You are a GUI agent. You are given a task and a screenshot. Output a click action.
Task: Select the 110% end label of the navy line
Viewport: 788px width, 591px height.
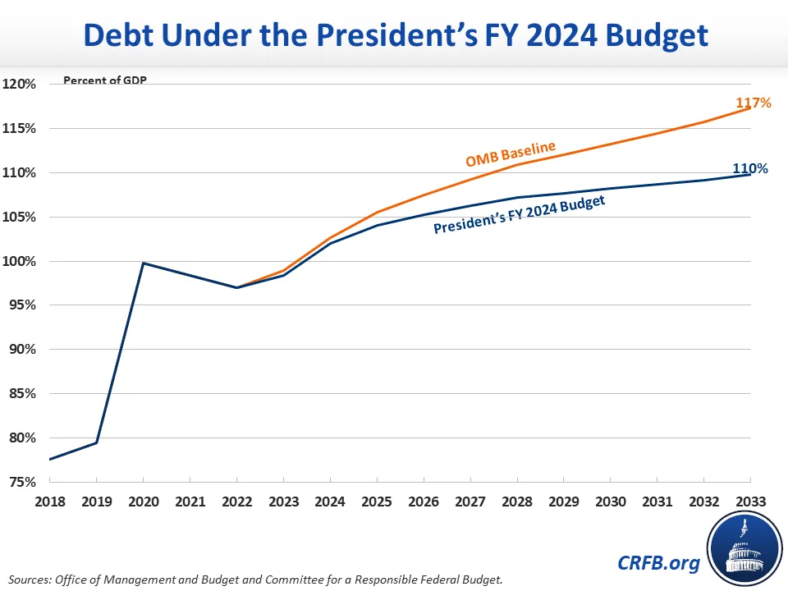[750, 168]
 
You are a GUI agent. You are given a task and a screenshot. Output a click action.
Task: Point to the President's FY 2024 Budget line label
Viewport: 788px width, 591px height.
[519, 215]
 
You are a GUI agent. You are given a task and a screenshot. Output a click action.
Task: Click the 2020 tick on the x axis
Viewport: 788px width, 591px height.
[144, 501]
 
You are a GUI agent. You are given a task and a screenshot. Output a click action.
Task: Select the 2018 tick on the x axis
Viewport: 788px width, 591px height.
[50, 501]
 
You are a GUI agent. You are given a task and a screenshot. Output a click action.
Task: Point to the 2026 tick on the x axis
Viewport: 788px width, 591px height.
[424, 501]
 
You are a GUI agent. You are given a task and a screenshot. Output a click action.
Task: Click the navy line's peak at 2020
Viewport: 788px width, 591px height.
[144, 263]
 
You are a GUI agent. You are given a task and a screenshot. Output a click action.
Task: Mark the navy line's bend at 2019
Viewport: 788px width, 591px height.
[97, 443]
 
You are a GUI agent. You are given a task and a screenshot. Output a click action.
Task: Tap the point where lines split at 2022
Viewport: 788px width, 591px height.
[237, 287]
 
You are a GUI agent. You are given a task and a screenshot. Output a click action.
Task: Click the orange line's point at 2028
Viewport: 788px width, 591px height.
[517, 164]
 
